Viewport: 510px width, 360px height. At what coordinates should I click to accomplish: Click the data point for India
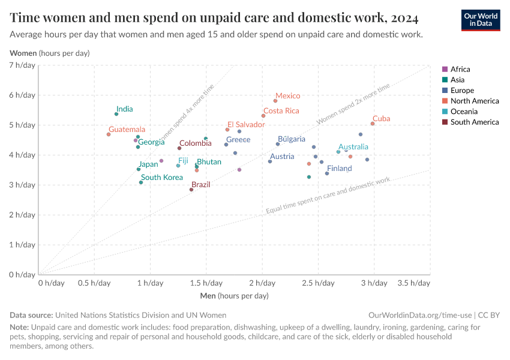116,114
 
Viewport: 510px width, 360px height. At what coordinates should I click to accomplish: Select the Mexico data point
275,101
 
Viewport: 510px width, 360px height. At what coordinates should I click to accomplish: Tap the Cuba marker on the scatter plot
373,124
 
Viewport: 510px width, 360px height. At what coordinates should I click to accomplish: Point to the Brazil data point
191,190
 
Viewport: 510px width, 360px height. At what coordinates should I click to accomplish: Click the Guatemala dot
109,134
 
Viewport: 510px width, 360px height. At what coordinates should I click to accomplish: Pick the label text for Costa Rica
281,111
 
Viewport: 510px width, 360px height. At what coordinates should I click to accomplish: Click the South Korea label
162,178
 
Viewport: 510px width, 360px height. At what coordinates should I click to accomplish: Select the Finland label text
339,169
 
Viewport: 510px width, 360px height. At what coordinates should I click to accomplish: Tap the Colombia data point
179,148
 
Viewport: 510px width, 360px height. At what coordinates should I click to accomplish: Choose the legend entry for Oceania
464,112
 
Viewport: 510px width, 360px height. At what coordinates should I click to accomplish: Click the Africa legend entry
460,70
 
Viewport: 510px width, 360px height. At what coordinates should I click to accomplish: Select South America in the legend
474,122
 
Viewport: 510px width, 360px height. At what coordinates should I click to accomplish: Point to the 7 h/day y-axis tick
23,65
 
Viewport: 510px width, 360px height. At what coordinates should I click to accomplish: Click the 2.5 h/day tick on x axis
318,283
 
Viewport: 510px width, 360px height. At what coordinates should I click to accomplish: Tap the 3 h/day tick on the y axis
23,185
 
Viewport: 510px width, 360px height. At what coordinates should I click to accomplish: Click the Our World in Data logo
481,19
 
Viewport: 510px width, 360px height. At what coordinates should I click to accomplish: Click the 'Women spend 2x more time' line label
353,104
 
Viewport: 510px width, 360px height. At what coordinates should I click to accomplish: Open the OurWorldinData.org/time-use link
419,315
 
